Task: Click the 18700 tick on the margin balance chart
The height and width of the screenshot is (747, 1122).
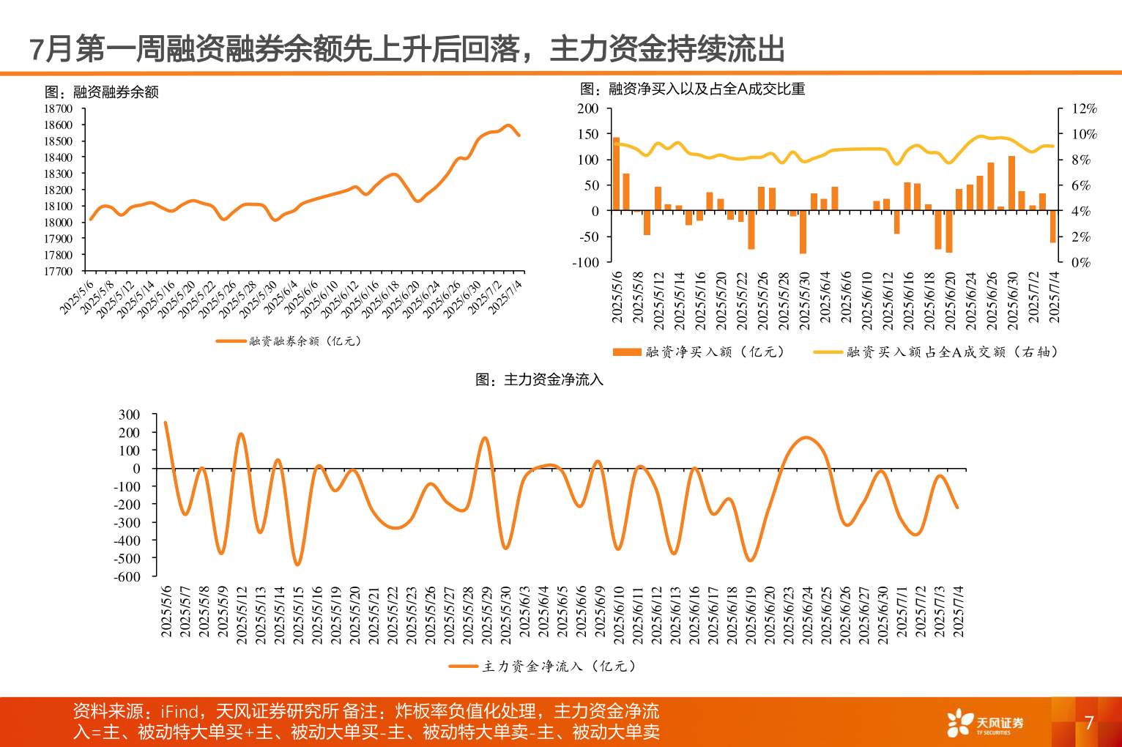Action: click(59, 108)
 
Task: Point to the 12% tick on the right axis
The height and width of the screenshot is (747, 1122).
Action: click(1084, 108)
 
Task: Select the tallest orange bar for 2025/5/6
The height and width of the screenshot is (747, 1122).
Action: click(616, 174)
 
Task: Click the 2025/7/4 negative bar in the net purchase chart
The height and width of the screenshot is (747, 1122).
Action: click(1053, 226)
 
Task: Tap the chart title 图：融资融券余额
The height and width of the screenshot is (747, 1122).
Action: click(102, 92)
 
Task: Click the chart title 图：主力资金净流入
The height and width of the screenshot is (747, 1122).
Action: click(539, 379)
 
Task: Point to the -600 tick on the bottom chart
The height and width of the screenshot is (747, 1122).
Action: click(127, 576)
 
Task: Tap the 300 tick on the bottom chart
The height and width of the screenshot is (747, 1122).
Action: click(129, 415)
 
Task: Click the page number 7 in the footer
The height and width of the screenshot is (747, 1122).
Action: click(1089, 723)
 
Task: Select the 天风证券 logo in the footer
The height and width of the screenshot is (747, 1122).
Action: click(985, 724)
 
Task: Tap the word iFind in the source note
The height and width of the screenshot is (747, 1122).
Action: click(180, 711)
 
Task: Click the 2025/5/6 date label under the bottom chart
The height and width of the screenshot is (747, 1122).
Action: click(166, 611)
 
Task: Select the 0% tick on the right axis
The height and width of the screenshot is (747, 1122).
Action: click(1081, 262)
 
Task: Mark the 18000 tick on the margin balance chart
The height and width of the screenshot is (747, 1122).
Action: click(59, 223)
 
